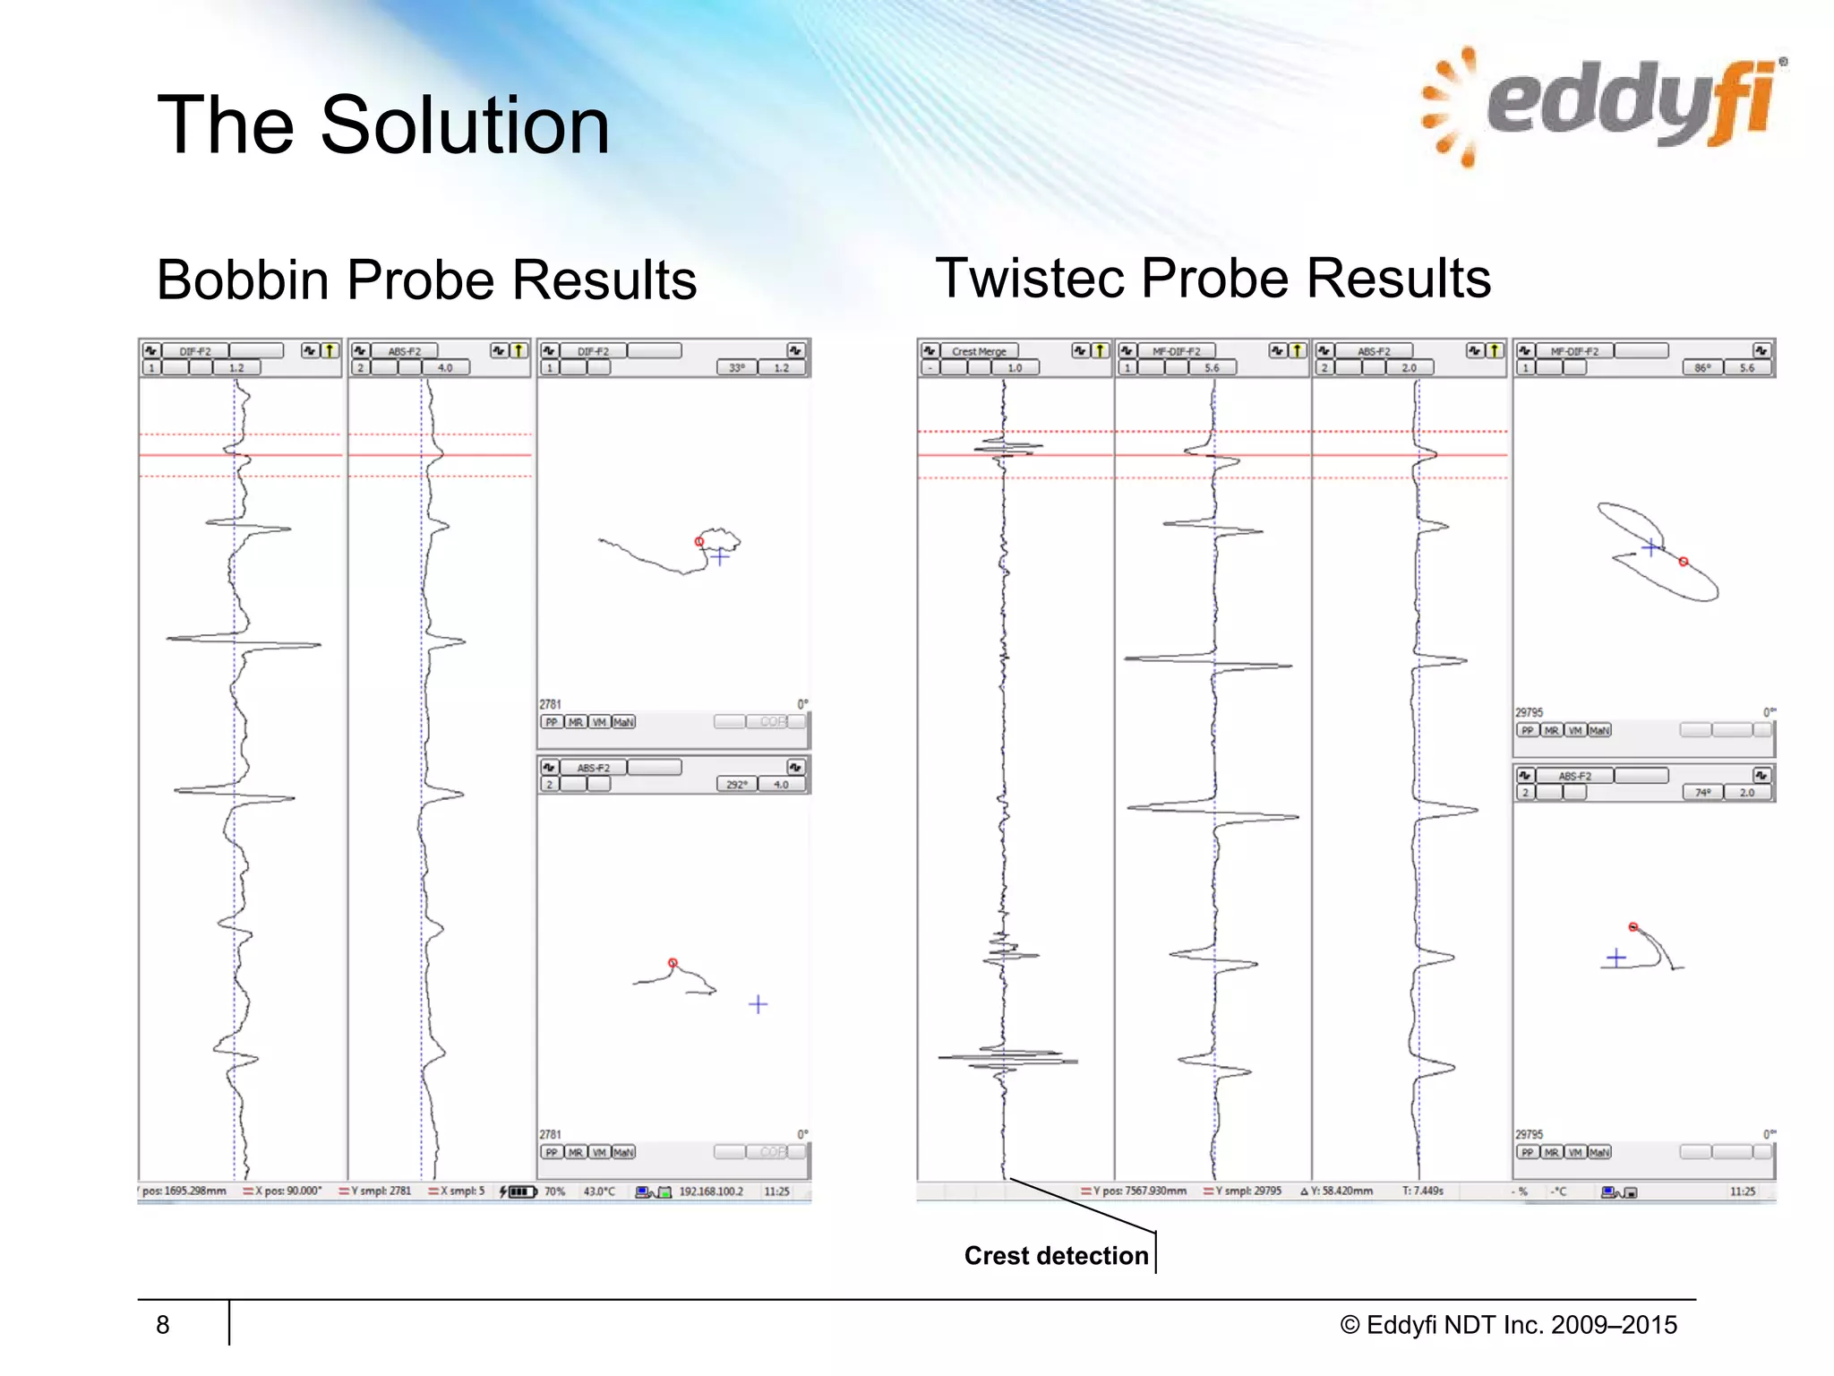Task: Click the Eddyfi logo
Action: coord(1603,106)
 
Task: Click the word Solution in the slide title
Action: coord(465,125)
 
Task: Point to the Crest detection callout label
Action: coord(1056,1256)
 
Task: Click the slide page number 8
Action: coord(162,1325)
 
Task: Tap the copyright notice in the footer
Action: coord(1508,1325)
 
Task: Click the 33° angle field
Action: coord(736,367)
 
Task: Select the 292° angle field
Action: coord(736,784)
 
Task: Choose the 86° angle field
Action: coord(1702,367)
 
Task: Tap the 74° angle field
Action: coord(1702,792)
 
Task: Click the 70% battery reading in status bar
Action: coord(555,1191)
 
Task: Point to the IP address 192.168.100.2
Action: coord(711,1191)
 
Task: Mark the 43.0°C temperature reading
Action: coord(599,1191)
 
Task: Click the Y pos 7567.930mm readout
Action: coord(1138,1191)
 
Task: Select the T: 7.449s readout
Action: coord(1422,1191)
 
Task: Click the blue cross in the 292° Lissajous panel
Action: coord(758,1004)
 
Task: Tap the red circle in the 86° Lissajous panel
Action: coord(1684,562)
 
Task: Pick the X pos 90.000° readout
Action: coord(287,1191)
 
